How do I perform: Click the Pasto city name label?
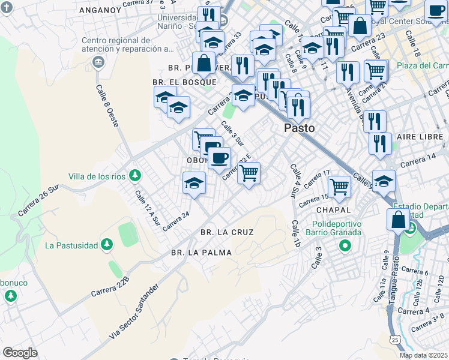[x=300, y=128]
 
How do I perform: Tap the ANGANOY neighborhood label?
[x=99, y=10]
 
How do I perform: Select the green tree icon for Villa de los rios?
[x=136, y=175]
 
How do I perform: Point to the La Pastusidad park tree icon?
[x=107, y=244]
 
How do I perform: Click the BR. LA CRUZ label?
[x=227, y=232]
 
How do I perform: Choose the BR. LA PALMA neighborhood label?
[x=201, y=253]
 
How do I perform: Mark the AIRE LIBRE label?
[x=420, y=137]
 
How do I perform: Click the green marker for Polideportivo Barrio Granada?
[x=345, y=245]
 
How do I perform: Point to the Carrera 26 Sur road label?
[x=40, y=200]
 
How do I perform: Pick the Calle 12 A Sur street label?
[x=148, y=207]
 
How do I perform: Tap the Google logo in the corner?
[x=20, y=352]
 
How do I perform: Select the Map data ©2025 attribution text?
[x=423, y=355]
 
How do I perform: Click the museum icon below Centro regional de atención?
[x=98, y=62]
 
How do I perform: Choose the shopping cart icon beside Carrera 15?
[x=339, y=186]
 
